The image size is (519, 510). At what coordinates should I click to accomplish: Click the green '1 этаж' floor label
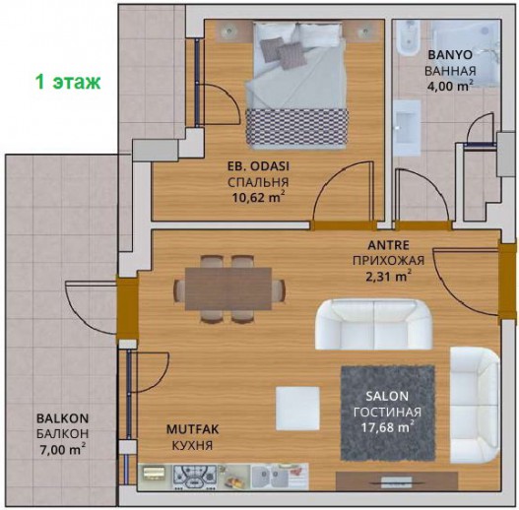coord(68,82)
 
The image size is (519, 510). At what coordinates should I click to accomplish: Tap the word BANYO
coord(450,55)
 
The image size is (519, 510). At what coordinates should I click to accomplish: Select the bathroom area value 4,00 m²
coord(450,86)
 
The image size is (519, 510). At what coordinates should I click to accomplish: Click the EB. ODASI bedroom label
coord(258,166)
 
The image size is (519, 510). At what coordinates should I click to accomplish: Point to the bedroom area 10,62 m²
coord(258,198)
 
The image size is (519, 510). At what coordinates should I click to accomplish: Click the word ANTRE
coord(389,245)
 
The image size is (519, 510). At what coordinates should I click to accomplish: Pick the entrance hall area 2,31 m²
coord(389,276)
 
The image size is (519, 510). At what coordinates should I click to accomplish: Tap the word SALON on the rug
coord(387,396)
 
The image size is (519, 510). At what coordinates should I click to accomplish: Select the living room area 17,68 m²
coord(387,427)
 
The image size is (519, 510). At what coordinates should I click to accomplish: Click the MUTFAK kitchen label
coord(192,429)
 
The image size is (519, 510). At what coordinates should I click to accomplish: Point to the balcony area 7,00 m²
coord(63,450)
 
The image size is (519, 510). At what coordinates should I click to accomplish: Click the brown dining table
coord(228,288)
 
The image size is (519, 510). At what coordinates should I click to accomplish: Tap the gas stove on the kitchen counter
coord(195,477)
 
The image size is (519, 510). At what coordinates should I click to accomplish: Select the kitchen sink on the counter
coord(270,477)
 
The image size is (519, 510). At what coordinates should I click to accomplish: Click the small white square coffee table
coord(297,409)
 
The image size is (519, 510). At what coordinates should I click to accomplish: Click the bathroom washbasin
coord(407,127)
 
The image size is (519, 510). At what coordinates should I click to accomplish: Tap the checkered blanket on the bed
coord(296,127)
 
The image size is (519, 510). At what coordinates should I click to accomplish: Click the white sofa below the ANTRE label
coord(373,324)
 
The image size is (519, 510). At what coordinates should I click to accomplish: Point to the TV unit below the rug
coord(397,480)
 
